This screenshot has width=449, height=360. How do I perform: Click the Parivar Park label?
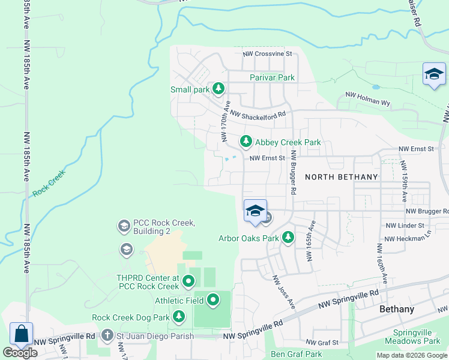[272, 77]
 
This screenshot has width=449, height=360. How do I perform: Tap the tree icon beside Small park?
[218, 89]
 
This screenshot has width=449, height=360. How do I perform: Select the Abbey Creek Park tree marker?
[246, 142]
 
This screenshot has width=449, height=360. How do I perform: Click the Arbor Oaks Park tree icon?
[288, 238]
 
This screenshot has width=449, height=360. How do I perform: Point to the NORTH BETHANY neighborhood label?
[342, 176]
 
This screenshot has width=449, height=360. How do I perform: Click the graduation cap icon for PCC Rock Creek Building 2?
[124, 226]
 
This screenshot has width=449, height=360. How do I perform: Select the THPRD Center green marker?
[188, 281]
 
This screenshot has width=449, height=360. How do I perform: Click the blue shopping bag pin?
[21, 334]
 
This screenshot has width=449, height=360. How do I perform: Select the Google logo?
[20, 353]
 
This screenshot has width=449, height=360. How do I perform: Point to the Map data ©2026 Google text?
[411, 355]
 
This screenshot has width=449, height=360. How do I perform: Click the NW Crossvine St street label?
[267, 54]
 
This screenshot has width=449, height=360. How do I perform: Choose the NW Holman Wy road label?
[367, 99]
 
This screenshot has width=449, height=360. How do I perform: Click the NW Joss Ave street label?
[284, 292]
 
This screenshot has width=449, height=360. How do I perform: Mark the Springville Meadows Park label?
[417, 337]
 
